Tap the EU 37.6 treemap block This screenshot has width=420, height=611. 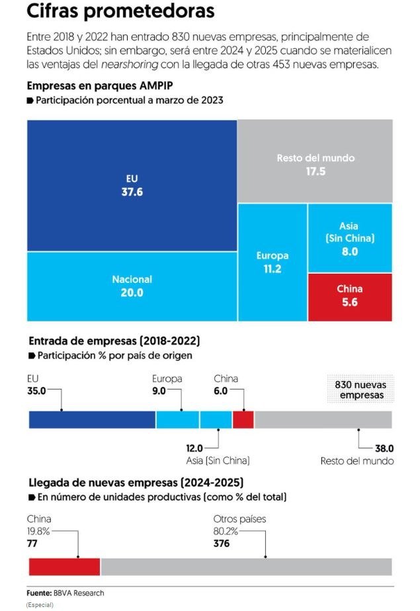(132, 186)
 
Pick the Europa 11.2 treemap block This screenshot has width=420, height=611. (272, 262)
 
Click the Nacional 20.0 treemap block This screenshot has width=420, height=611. (132, 286)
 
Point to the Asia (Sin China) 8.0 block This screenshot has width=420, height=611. (350, 238)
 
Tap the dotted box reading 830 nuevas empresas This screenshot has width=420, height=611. (360, 389)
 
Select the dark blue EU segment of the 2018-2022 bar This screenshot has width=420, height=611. (92, 419)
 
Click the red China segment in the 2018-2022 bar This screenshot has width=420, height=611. (243, 419)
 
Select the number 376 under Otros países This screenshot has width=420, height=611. (222, 543)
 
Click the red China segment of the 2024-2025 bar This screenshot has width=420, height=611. (64, 567)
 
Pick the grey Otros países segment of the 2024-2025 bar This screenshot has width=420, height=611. (245, 567)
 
